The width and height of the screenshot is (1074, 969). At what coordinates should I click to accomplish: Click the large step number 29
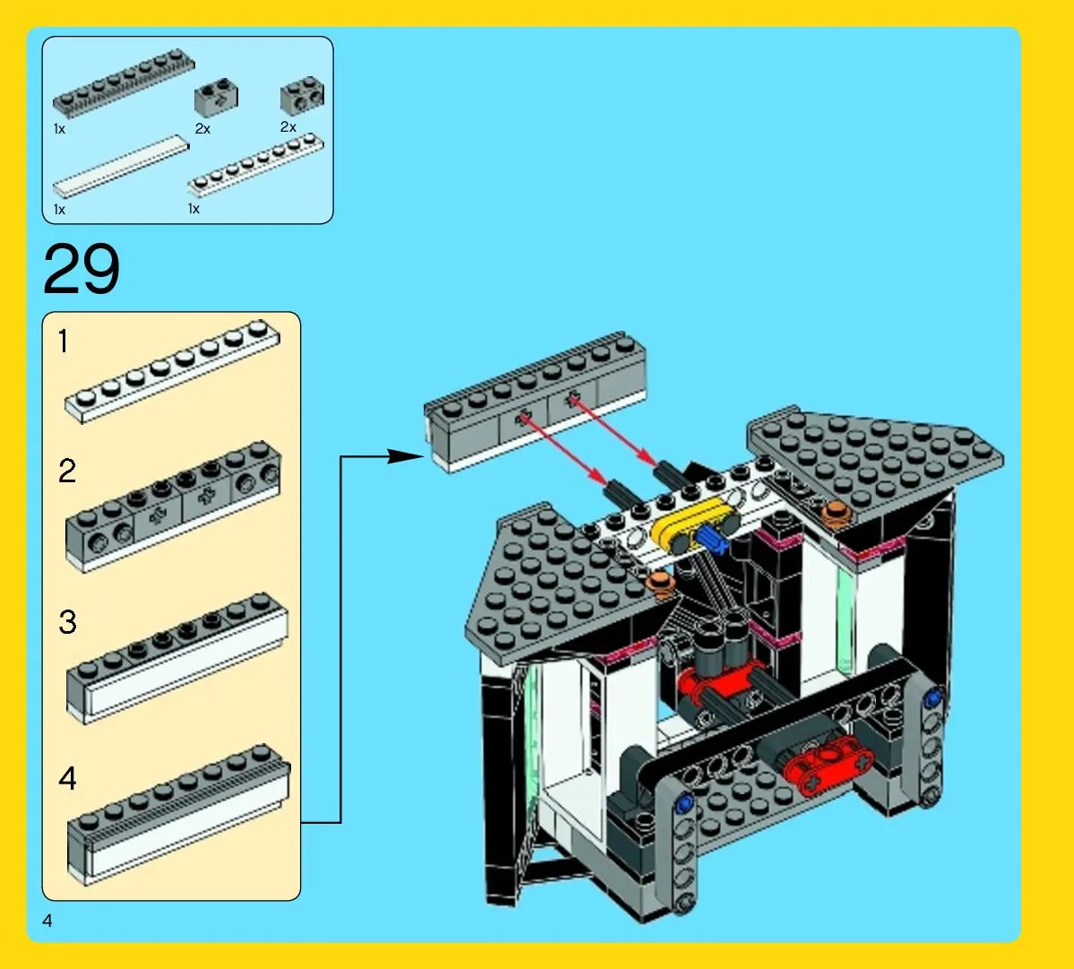point(81,269)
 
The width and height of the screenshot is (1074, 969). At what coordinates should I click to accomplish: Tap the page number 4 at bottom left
point(47,921)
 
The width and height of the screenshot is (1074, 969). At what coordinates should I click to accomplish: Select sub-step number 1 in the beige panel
point(64,342)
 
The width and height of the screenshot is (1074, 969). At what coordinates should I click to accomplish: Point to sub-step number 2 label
point(67,471)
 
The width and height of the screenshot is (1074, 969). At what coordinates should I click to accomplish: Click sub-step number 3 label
point(67,622)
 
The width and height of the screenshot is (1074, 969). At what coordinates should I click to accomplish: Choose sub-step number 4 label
point(67,778)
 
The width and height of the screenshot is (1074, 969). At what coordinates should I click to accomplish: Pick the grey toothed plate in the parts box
point(124,83)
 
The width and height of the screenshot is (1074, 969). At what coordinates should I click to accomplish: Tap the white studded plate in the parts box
point(255,164)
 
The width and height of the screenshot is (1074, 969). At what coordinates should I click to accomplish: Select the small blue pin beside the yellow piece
point(712,540)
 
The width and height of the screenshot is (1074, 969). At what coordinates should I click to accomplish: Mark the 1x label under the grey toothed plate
point(60,128)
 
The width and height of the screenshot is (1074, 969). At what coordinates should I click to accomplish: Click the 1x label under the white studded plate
point(193,208)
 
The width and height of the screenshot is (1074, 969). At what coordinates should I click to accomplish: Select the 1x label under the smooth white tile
point(60,209)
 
